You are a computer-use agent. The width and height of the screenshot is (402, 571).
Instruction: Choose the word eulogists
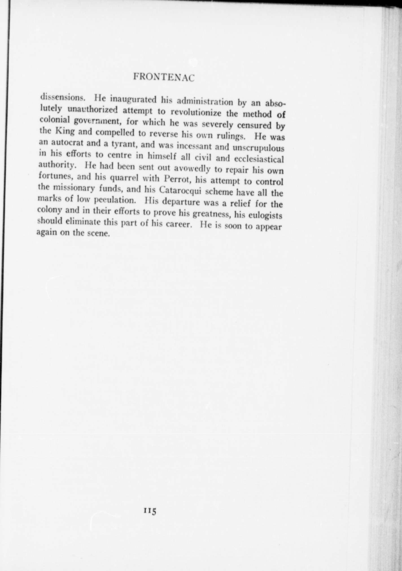pos(265,216)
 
